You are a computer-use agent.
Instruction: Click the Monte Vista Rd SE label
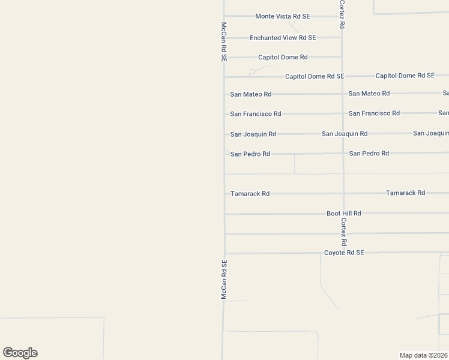click(282, 16)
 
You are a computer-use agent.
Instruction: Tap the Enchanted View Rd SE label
click(282, 38)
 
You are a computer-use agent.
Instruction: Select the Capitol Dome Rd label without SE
click(283, 57)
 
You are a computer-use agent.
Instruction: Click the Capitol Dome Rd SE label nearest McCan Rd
click(314, 76)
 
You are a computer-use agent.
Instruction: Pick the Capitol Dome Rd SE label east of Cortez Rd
click(405, 76)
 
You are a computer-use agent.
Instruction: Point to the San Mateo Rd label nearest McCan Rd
click(250, 94)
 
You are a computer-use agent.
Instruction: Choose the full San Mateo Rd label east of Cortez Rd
click(369, 93)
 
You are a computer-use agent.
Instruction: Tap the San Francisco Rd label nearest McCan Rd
click(255, 113)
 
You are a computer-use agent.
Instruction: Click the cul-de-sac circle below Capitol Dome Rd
click(252, 73)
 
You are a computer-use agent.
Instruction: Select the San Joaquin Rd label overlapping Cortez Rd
click(344, 133)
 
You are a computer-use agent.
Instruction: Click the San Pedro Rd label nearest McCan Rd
click(250, 154)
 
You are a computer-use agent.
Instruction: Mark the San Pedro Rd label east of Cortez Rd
click(369, 153)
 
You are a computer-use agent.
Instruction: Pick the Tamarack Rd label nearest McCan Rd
click(250, 194)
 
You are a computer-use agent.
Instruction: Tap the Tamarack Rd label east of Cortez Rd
click(405, 193)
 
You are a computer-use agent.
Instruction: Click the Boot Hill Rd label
click(343, 213)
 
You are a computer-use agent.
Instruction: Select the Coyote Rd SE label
click(344, 253)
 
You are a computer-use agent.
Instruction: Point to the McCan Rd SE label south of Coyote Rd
click(223, 280)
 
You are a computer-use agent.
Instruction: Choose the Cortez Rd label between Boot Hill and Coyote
click(343, 232)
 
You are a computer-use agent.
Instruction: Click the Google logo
click(20, 353)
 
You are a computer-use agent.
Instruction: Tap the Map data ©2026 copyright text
click(424, 355)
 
